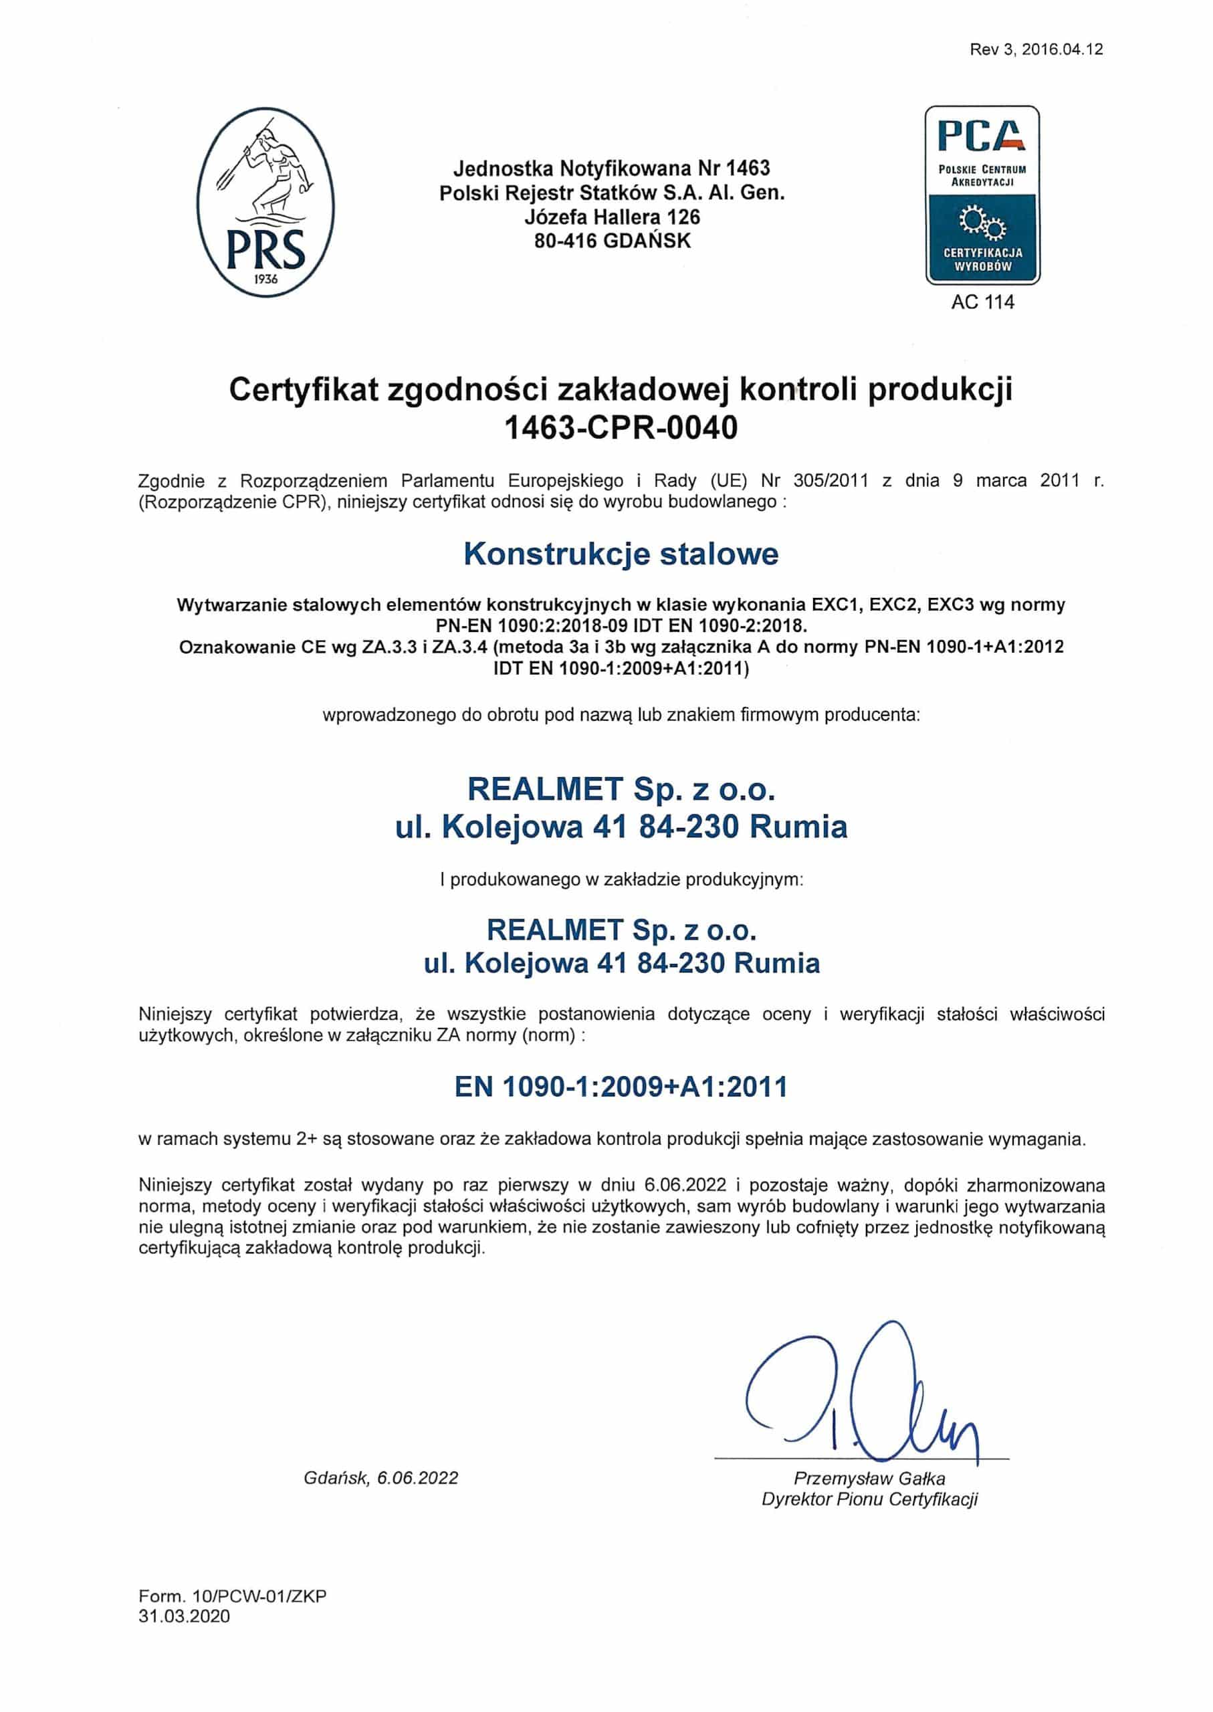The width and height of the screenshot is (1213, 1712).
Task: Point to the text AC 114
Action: [982, 302]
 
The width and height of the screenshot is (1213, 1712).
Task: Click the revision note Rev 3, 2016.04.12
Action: [1036, 50]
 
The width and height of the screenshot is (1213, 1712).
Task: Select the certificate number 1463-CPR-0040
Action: [621, 427]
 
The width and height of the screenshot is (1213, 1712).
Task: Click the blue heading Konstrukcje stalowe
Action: [621, 554]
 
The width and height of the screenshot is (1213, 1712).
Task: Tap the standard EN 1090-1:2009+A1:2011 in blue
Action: [621, 1087]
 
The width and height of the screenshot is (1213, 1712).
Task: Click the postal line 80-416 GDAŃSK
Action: [613, 241]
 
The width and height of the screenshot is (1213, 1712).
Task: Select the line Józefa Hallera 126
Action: [613, 217]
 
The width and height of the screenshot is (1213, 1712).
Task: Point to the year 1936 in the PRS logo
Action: [265, 279]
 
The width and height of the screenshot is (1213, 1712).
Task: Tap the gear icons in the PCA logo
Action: [982, 222]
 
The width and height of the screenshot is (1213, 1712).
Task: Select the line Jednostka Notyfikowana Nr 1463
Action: [612, 168]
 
